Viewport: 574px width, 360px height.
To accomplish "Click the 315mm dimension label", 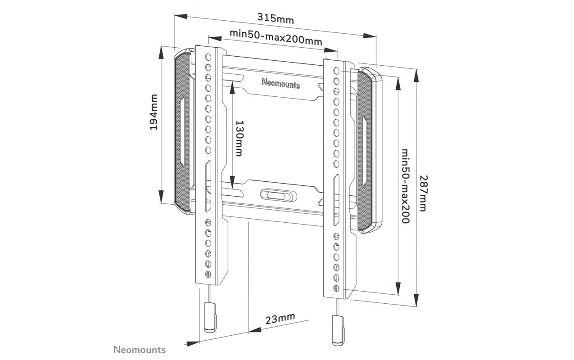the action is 276,18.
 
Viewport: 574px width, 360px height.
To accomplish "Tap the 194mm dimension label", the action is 154,112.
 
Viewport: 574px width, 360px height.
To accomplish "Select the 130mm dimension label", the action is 239,139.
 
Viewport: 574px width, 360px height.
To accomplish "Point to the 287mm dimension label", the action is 423,193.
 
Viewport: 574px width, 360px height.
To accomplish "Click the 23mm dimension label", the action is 280,319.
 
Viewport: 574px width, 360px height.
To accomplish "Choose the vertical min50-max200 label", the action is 405,186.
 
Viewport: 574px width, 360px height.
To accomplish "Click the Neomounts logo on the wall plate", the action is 281,83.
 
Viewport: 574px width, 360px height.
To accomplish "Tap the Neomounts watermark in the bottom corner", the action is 140,350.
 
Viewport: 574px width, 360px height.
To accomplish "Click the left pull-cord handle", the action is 210,317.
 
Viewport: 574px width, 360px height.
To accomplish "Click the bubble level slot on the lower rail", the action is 279,195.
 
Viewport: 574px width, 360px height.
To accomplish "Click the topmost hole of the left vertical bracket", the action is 208,57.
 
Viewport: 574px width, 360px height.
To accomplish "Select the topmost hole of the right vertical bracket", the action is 336,71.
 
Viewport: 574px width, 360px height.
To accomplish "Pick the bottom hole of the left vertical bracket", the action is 208,274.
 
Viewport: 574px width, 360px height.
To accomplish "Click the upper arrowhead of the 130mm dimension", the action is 232,87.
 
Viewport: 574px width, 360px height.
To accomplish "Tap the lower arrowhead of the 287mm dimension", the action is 416,300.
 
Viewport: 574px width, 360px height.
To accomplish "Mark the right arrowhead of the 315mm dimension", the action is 370,36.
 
